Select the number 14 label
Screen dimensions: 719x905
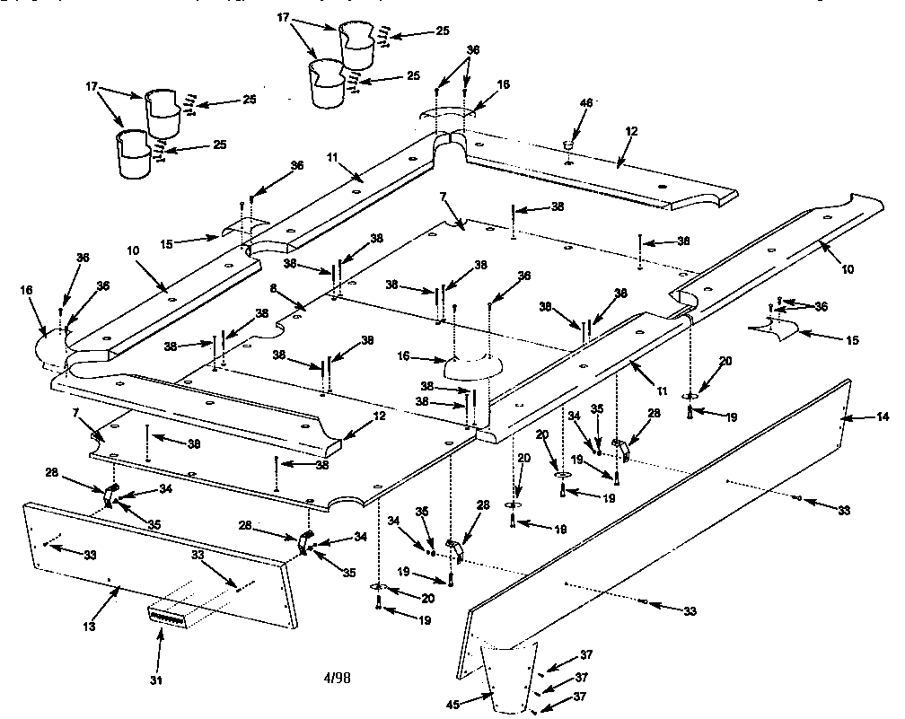[882, 417]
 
